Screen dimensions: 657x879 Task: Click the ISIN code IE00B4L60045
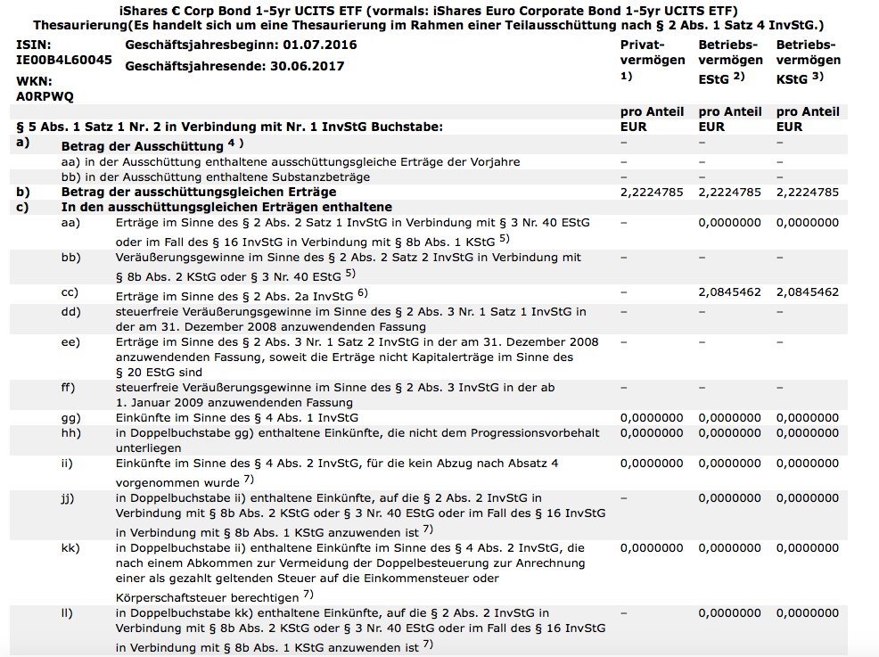tap(64, 60)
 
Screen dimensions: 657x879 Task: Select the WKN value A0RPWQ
tap(45, 95)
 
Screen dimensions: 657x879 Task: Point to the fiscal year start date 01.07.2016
tap(320, 44)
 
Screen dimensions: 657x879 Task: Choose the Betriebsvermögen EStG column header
tap(730, 60)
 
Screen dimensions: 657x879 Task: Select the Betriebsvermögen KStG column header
tap(808, 60)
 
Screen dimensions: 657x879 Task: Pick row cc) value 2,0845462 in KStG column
tap(808, 292)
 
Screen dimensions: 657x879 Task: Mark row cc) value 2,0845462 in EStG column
tap(729, 292)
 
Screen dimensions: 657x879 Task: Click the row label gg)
tap(70, 418)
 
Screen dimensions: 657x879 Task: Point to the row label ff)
tap(69, 388)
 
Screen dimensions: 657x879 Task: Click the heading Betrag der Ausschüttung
tap(142, 145)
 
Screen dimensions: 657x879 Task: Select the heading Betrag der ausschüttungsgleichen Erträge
tap(198, 192)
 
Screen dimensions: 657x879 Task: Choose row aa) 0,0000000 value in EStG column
tap(729, 222)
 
